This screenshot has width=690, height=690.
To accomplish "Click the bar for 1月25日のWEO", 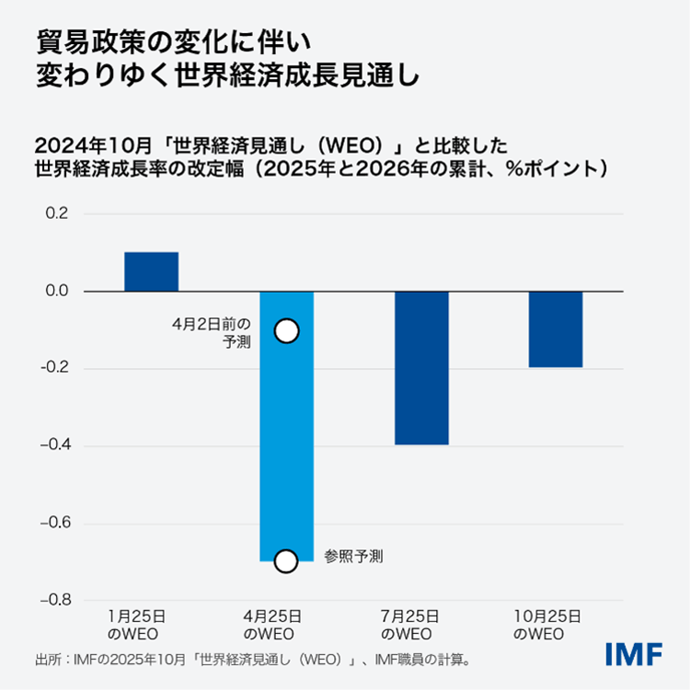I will (151, 271).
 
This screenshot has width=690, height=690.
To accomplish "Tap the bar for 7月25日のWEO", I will (421, 368).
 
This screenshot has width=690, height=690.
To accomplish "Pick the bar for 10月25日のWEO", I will (556, 329).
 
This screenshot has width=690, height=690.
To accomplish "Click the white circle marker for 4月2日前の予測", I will (286, 331).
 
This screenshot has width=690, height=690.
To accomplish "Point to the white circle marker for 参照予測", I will (286, 560).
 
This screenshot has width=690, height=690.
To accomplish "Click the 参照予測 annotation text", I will (353, 556).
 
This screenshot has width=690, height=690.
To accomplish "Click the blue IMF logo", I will (634, 655).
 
